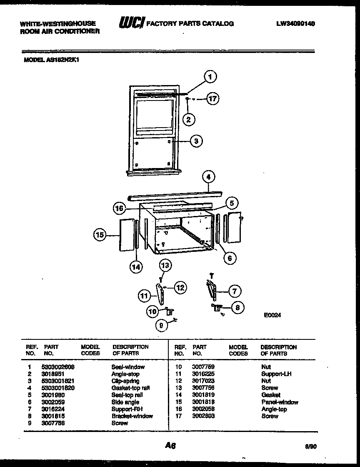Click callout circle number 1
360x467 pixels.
pos(211,77)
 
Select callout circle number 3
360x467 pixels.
pos(196,141)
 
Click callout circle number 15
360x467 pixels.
pos(99,235)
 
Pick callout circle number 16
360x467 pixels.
pos(119,207)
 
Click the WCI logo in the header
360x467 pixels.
pos(131,24)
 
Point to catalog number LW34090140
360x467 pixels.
pos(295,24)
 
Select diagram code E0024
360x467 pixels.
pos(272,316)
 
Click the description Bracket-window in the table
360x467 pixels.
pos(132,416)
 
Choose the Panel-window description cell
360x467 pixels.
pos(280,402)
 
